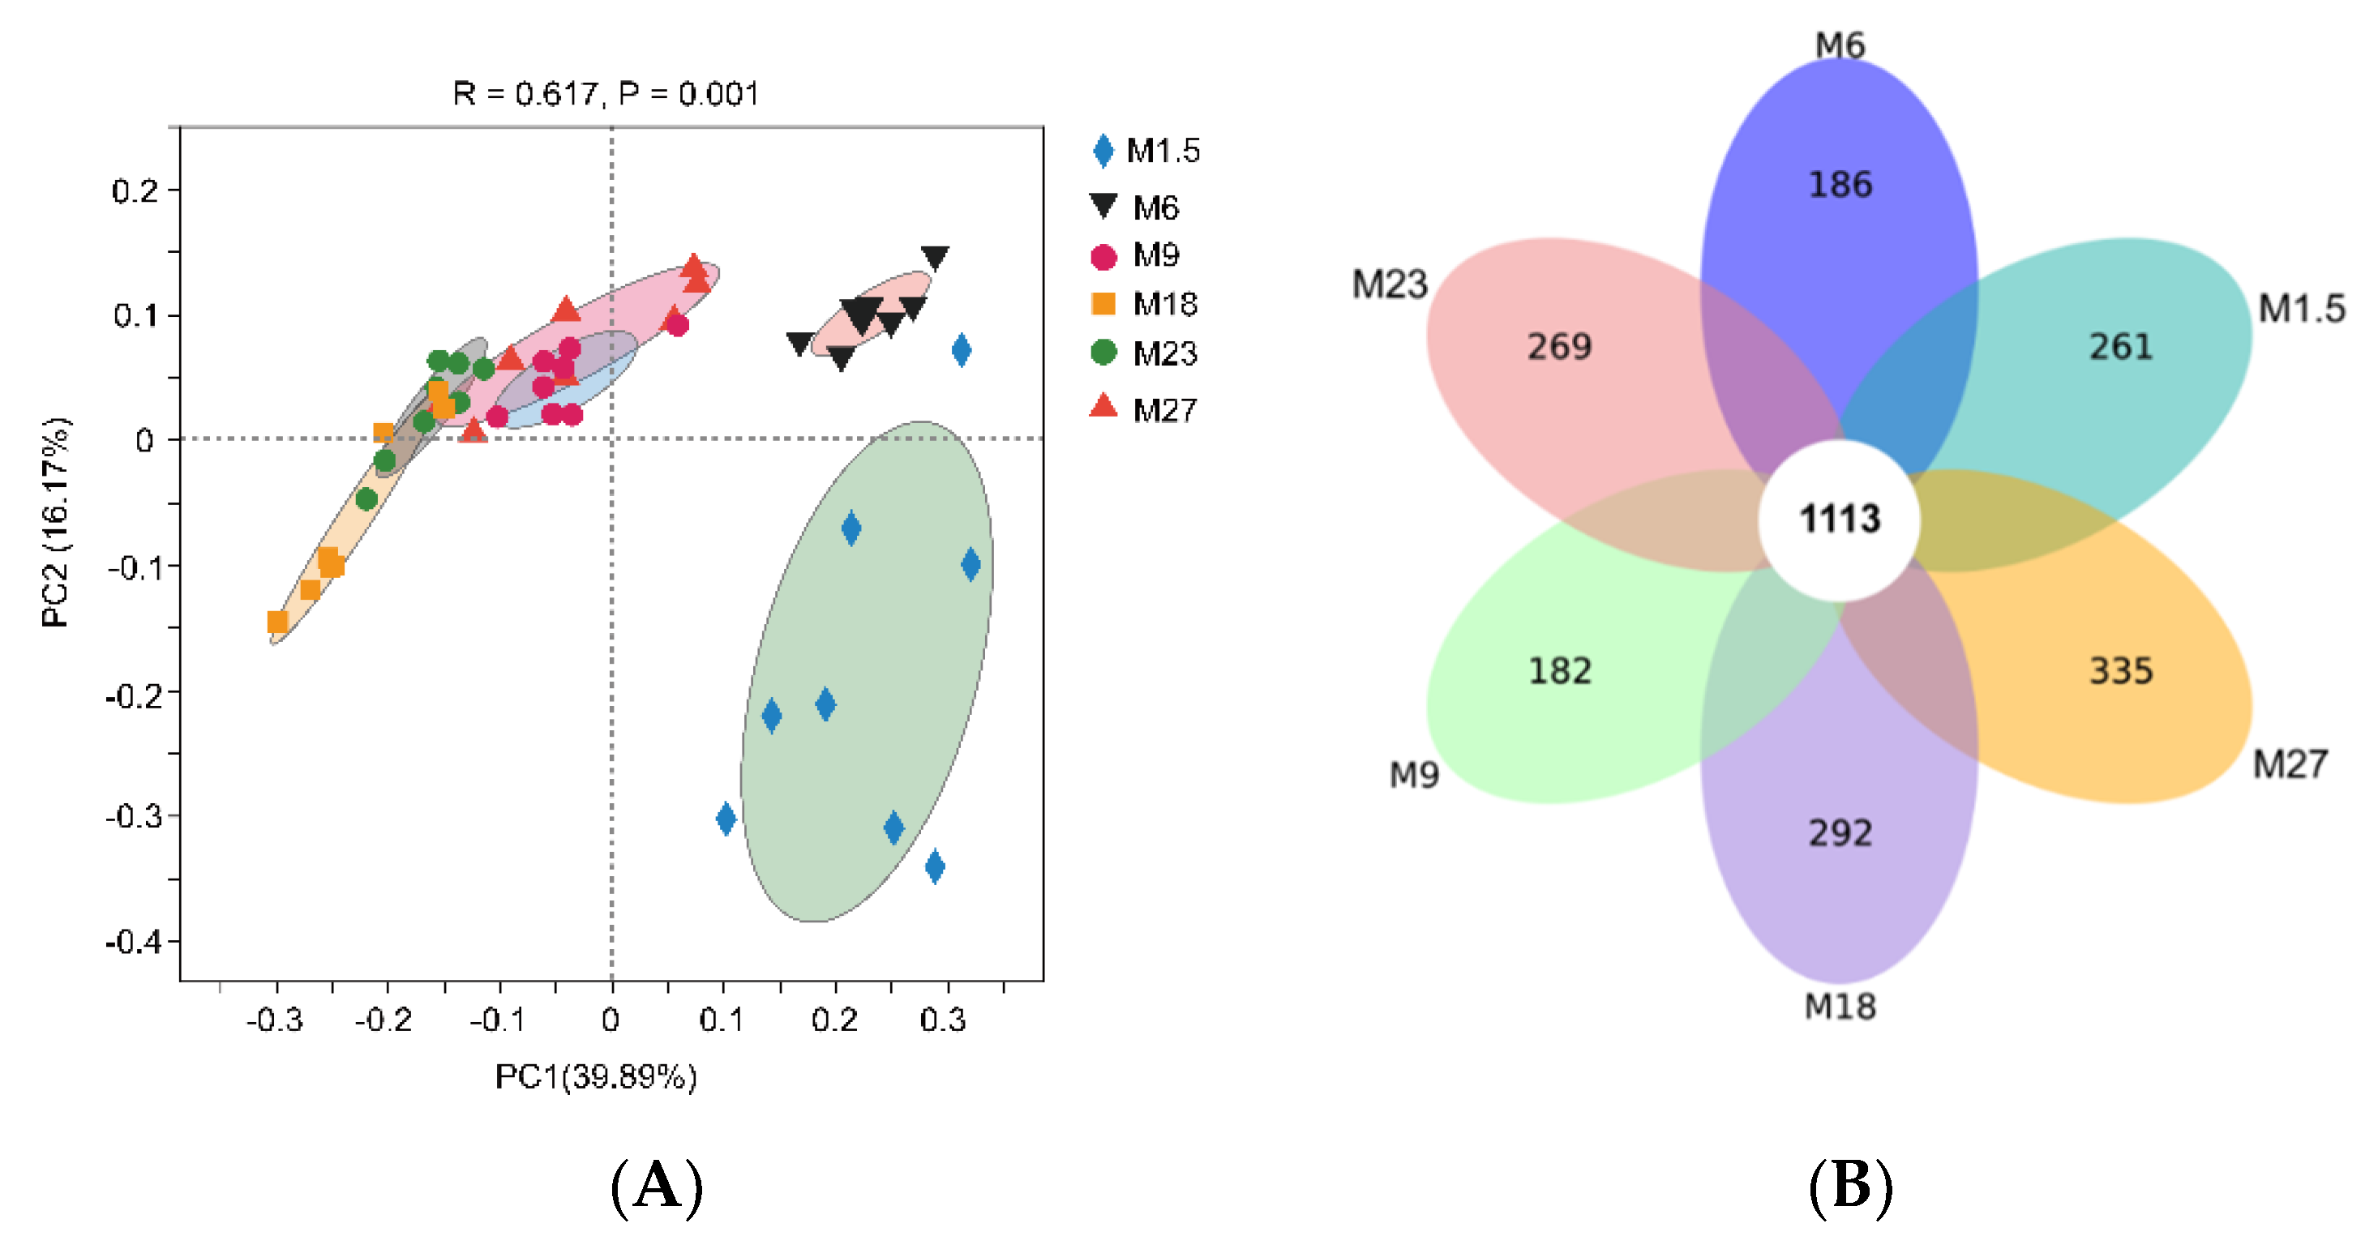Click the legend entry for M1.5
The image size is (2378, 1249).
[1146, 151]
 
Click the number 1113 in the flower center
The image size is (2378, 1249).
[1839, 519]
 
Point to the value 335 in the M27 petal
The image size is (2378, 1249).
[2120, 671]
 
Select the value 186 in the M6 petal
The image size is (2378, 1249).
[1839, 185]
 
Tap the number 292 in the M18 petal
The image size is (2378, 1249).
[1839, 833]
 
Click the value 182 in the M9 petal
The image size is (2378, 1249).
[1559, 671]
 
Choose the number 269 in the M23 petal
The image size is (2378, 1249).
[1558, 347]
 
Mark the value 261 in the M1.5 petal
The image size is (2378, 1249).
[2120, 347]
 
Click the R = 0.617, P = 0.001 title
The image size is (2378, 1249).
[606, 93]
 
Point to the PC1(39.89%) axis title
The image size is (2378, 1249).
[595, 1076]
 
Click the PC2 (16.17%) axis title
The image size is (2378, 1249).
[55, 523]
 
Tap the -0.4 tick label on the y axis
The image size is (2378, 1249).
[135, 943]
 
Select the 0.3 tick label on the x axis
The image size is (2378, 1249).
[942, 1020]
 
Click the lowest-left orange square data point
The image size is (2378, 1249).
[277, 622]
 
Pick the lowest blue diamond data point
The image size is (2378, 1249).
[934, 866]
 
